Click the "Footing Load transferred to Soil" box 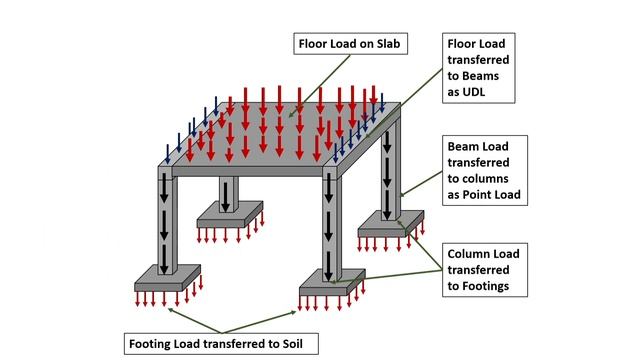221,343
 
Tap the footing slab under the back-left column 228,212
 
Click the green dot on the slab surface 290,117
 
